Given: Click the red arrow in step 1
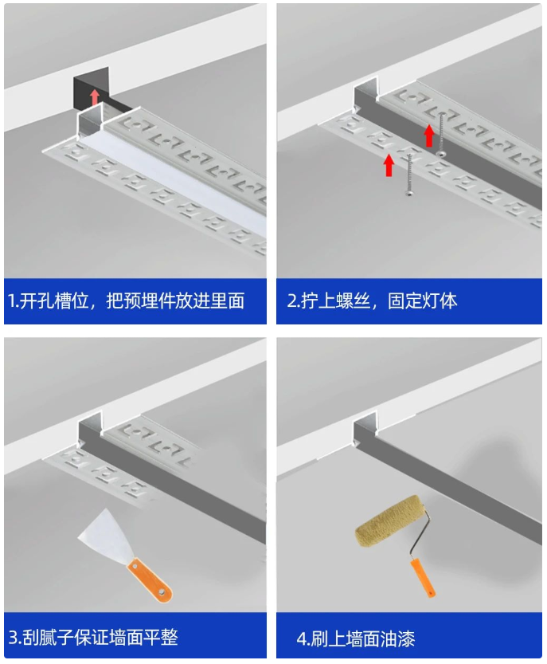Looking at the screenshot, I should click(95, 97).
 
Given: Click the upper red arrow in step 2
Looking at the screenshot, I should click(429, 136).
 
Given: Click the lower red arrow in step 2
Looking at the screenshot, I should click(389, 165).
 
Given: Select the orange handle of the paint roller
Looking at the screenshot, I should click(422, 577).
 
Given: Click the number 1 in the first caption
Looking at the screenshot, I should click(12, 301).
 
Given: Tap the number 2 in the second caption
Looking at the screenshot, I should click(291, 301).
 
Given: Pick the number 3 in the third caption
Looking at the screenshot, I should click(14, 638).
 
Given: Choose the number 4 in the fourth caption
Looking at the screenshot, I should click(302, 638).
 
